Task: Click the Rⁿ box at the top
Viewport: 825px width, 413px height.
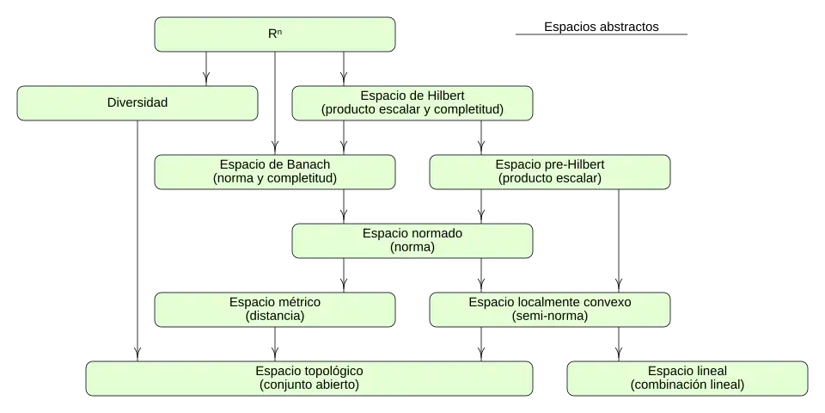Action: (x=275, y=34)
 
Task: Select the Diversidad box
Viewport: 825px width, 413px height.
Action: (x=137, y=102)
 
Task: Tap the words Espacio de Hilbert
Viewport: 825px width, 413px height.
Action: (x=412, y=96)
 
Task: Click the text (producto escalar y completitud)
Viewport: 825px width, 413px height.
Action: (x=412, y=110)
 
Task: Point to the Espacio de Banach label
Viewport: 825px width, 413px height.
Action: (x=275, y=164)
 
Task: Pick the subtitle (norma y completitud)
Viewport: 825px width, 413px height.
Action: (x=275, y=179)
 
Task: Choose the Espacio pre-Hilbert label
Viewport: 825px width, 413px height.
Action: (x=550, y=164)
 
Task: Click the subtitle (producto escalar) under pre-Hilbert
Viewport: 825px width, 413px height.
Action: (x=550, y=179)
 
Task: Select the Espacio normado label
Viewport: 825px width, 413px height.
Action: (x=412, y=233)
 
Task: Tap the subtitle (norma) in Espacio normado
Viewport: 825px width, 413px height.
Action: (x=412, y=248)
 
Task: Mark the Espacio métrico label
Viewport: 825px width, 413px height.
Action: (x=275, y=302)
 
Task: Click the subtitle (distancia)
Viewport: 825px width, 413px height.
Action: (x=275, y=317)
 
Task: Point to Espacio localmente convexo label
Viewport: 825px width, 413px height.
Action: (x=550, y=302)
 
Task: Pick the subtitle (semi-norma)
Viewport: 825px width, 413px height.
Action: (x=550, y=317)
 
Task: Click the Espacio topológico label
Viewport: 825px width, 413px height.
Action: (x=309, y=371)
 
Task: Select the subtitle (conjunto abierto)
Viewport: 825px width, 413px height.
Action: (x=309, y=385)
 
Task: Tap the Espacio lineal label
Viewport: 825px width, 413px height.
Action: (x=687, y=371)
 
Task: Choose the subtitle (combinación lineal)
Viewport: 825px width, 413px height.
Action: (x=687, y=385)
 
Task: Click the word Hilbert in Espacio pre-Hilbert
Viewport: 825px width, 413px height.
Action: (x=584, y=164)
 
